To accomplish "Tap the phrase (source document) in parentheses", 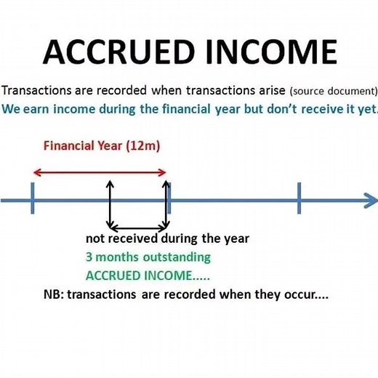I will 334,92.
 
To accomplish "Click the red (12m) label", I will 143,145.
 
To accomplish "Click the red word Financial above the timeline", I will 69,145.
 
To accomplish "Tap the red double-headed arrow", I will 100,172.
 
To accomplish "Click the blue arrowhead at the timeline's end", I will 370,199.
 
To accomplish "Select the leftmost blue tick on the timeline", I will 33,198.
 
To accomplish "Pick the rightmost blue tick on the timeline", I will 299,198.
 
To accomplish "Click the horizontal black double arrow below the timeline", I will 138,228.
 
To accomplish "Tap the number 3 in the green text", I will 89,257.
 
